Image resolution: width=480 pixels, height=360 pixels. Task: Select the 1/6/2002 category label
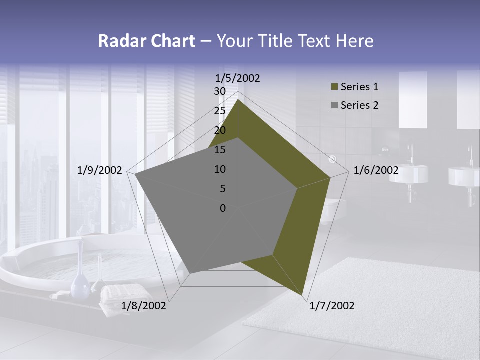pos(376,170)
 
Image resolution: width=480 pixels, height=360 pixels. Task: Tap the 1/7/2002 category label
pos(332,306)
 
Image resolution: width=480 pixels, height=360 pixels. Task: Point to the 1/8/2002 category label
pos(144,306)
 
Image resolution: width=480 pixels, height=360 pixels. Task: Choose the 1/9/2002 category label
pos(100,170)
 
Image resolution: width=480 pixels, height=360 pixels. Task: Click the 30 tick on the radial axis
pos(220,91)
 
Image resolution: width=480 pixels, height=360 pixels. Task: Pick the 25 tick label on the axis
pos(220,111)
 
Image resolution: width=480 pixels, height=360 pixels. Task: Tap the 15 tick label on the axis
pos(220,150)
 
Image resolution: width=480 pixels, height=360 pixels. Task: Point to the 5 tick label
pos(223,189)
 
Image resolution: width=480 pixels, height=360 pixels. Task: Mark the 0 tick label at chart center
pos(223,208)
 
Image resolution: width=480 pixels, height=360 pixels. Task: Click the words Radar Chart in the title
pos(147,41)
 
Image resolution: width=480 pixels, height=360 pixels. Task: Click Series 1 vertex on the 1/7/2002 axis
pos(303,296)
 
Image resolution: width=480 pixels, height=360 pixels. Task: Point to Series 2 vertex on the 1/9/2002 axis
pos(135,175)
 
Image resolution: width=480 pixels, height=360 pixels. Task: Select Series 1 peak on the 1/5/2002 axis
pos(238,99)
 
